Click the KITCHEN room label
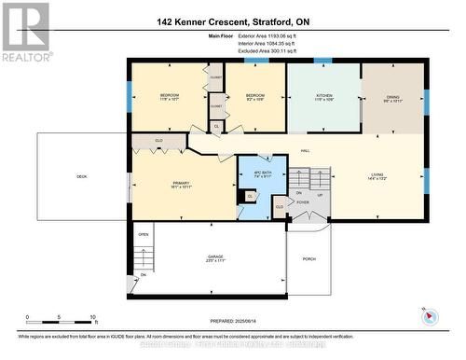coord(322,95)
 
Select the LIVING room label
coord(377,174)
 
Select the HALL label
coord(305,150)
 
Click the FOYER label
coord(302,201)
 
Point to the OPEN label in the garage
coord(144,235)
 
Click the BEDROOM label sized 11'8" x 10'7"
coord(169,95)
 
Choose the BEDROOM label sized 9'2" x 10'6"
coord(255,95)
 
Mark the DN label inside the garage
coord(144,275)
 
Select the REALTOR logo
coord(25,33)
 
